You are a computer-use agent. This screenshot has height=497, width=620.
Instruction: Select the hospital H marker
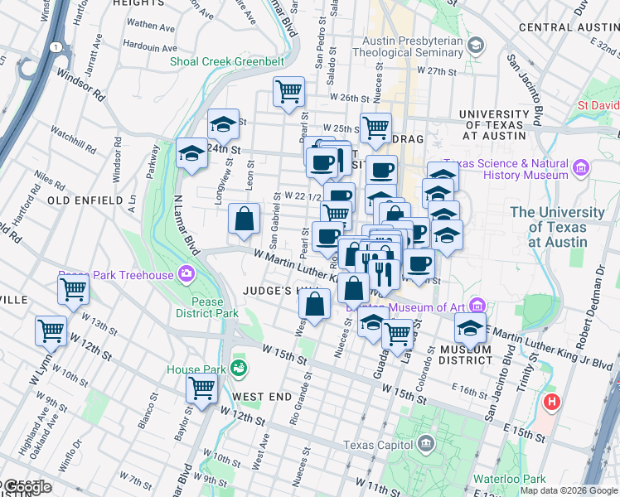pyautogui.click(x=552, y=403)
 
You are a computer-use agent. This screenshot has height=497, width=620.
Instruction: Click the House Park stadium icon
pyautogui.click(x=240, y=367)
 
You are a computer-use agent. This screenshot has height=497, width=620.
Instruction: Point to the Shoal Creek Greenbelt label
pyautogui.click(x=226, y=61)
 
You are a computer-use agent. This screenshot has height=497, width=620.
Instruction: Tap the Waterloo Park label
pyautogui.click(x=509, y=479)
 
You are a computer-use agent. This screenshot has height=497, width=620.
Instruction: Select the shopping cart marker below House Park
pyautogui.click(x=202, y=387)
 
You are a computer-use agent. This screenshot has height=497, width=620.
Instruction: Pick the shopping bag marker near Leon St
pyautogui.click(x=245, y=220)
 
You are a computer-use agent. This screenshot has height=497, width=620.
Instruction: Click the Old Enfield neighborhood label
pyautogui.click(x=80, y=200)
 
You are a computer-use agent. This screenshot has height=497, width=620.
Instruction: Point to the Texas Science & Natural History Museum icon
pyautogui.click(x=579, y=169)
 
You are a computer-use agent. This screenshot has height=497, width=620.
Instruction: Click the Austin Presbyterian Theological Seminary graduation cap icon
pyautogui.click(x=476, y=44)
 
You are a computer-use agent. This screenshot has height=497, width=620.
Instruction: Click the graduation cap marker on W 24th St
pyautogui.click(x=192, y=153)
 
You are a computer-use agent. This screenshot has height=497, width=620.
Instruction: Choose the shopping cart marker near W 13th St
pyautogui.click(x=73, y=291)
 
